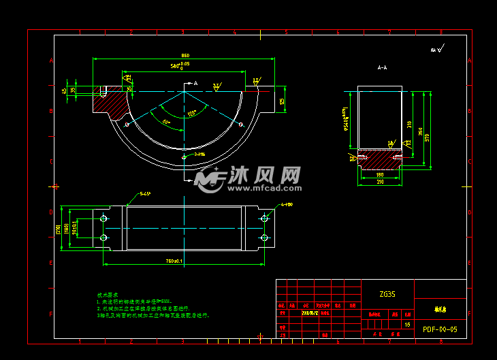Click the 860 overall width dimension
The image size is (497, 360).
185,56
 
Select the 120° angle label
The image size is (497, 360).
193,112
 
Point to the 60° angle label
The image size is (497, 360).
167,122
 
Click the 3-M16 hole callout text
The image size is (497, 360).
199,154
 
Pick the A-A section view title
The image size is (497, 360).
382,67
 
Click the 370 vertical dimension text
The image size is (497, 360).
427,137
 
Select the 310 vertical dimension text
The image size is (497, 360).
410,125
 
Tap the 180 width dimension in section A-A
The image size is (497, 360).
379,175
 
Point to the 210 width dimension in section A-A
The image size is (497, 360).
379,182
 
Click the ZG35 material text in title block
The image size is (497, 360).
387,295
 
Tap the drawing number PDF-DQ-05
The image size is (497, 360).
440,329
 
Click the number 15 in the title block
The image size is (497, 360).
407,325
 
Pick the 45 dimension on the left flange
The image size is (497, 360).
64,90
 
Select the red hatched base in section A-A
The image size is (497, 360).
380,159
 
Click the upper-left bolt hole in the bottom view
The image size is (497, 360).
103,218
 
